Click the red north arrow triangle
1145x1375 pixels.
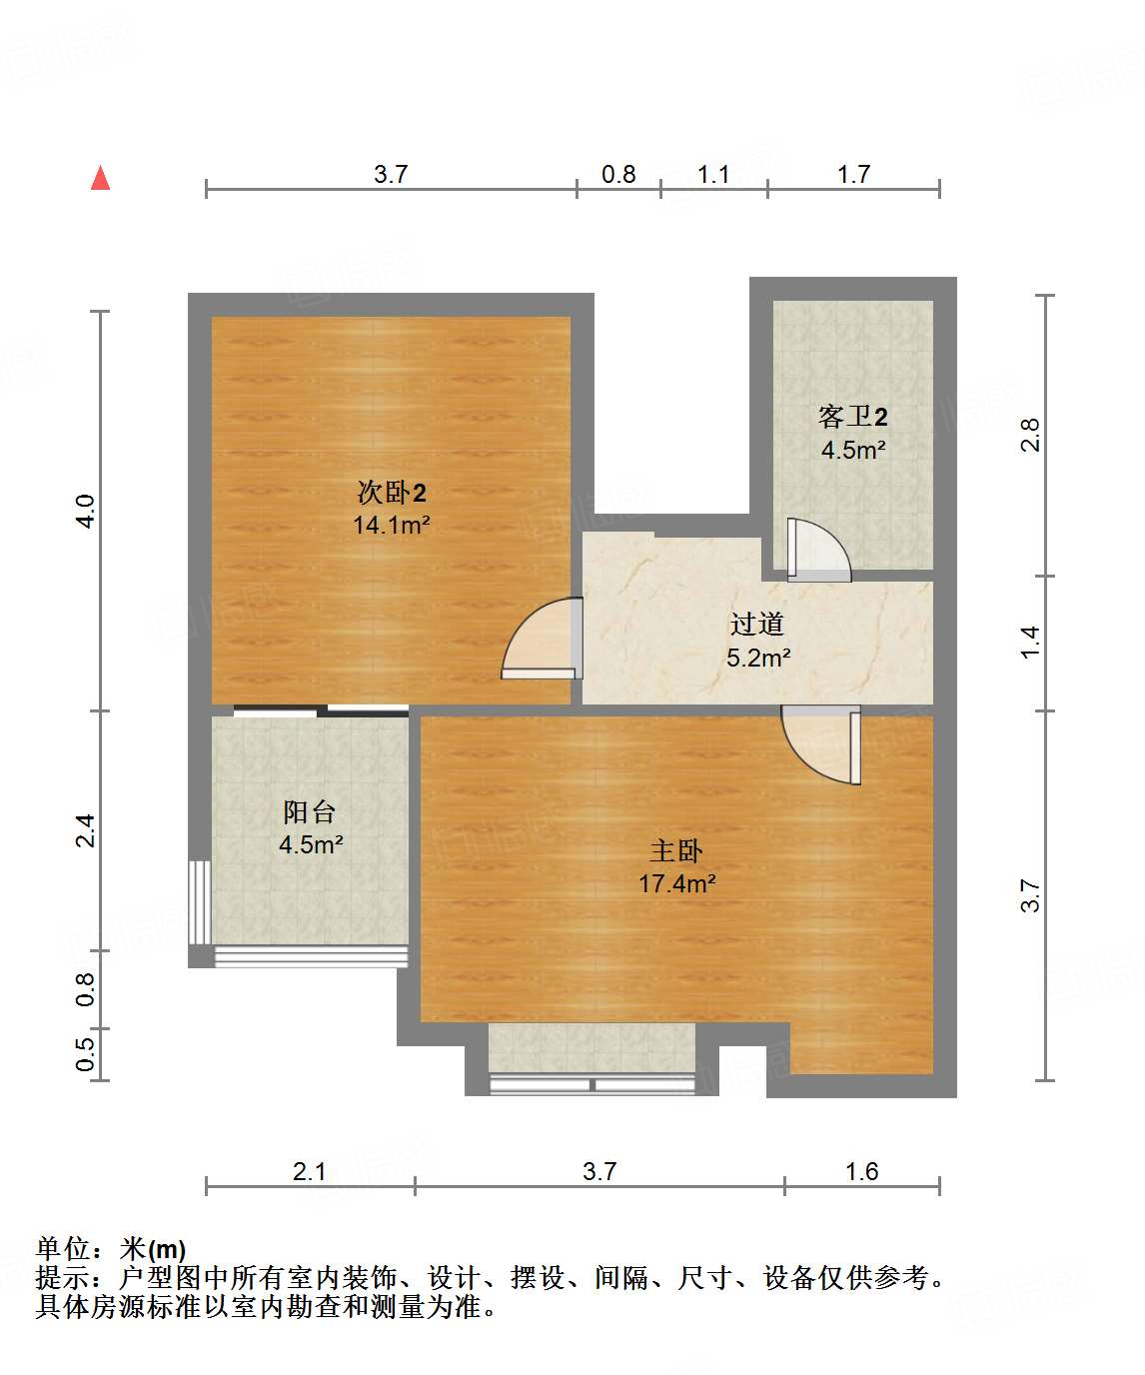click(x=100, y=178)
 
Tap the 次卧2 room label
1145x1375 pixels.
click(x=392, y=493)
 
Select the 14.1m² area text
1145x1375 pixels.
click(x=392, y=525)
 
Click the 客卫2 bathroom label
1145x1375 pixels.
click(x=852, y=417)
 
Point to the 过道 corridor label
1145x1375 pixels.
click(x=756, y=625)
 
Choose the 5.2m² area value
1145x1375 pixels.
click(x=758, y=658)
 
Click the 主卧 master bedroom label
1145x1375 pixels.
click(x=676, y=851)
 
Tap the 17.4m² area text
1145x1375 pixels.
click(x=677, y=883)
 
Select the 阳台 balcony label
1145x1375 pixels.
click(x=310, y=811)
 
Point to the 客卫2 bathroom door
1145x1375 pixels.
click(x=816, y=551)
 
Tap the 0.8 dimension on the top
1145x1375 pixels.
click(x=618, y=174)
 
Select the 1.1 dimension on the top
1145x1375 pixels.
click(x=713, y=174)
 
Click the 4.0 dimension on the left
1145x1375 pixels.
click(x=86, y=511)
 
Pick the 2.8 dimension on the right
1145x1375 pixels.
click(x=1030, y=435)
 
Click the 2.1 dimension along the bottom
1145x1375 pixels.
click(x=310, y=1171)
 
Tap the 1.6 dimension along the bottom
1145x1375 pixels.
click(x=861, y=1171)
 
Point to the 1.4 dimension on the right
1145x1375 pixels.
click(x=1030, y=642)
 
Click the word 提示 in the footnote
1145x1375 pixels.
click(x=62, y=1278)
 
